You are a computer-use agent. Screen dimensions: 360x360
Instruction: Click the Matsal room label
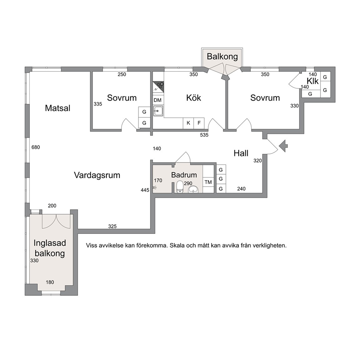click(x=57, y=108)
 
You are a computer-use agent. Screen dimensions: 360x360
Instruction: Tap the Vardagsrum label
click(x=97, y=175)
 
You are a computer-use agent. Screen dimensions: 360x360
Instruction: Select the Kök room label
click(x=193, y=98)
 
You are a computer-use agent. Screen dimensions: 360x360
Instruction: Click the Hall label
click(x=241, y=153)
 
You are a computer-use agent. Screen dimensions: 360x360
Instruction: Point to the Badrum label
click(x=184, y=175)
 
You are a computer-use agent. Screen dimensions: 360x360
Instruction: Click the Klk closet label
click(x=313, y=81)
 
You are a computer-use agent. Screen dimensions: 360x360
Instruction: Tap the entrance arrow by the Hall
click(x=283, y=146)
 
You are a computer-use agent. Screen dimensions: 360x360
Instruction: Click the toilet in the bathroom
click(x=180, y=187)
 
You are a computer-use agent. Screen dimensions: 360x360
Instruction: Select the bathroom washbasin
click(x=193, y=189)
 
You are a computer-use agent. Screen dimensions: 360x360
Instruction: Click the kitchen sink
click(x=158, y=111)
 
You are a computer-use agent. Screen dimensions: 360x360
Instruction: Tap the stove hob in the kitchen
click(x=159, y=87)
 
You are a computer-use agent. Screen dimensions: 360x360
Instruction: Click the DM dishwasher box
click(x=157, y=100)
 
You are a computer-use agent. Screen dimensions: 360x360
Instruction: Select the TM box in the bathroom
click(x=208, y=182)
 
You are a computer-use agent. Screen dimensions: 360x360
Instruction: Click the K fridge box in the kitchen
click(x=188, y=123)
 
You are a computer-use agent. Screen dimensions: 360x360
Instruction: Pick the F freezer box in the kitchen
click(x=199, y=123)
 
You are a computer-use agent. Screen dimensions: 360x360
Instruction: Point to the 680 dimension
click(x=36, y=147)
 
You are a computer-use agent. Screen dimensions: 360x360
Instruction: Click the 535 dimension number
click(x=204, y=135)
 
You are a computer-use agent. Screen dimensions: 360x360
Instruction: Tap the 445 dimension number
click(x=145, y=190)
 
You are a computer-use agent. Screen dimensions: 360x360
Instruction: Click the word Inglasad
click(x=50, y=243)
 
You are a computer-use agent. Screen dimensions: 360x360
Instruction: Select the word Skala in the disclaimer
click(x=177, y=245)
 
